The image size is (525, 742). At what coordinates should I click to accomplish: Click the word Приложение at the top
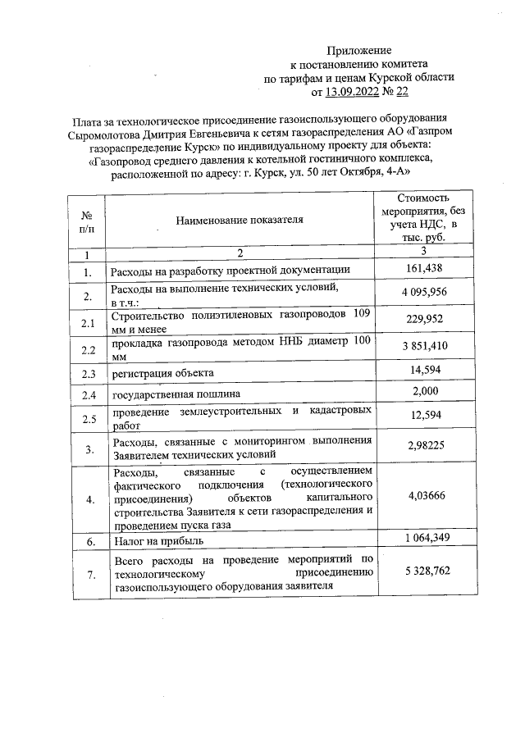[360, 50]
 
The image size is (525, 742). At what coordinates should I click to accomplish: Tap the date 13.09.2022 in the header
[355, 92]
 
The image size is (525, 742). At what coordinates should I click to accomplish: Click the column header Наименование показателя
[239, 219]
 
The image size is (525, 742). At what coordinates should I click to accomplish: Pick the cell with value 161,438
[424, 269]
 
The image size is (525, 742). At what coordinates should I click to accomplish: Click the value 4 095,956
[424, 294]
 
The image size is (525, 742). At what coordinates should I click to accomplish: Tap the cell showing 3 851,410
[424, 347]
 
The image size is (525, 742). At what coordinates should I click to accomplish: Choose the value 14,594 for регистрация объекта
[424, 371]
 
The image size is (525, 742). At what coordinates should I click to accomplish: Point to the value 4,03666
[424, 496]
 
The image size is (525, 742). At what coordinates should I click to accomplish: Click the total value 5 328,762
[424, 571]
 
